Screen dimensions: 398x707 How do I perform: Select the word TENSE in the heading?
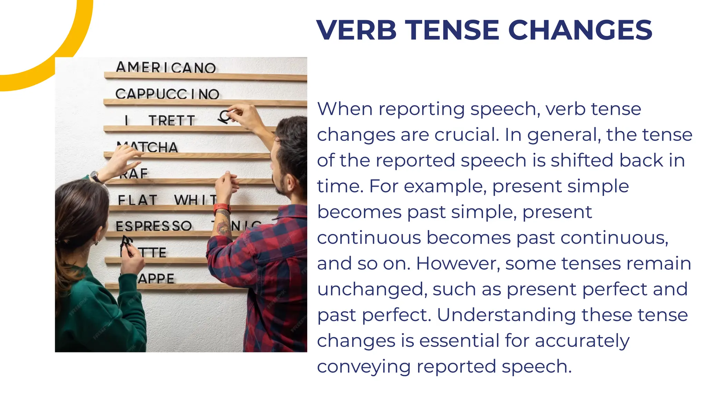click(452, 30)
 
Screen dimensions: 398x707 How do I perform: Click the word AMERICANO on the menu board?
click(166, 67)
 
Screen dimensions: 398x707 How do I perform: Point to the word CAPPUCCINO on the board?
click(167, 94)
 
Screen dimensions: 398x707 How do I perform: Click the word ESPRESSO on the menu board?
click(154, 226)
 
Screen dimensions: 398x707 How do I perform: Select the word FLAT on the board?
click(137, 200)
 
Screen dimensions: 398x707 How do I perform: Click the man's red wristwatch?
click(222, 208)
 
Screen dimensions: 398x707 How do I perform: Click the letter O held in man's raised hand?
click(225, 116)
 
